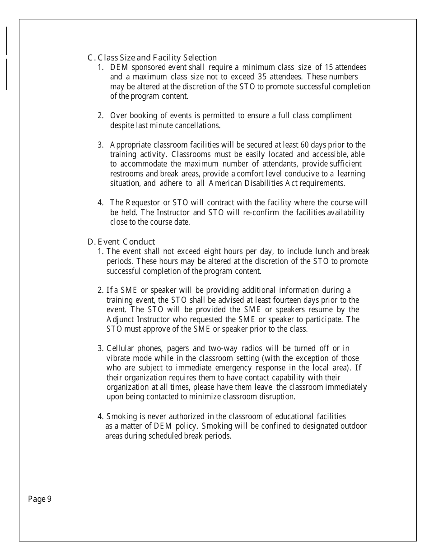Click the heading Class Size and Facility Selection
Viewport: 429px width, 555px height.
pyautogui.click(x=152, y=58)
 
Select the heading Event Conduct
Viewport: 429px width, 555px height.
pyautogui.click(x=121, y=242)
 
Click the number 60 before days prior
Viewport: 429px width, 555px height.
pyautogui.click(x=305, y=145)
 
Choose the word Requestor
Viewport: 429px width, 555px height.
pyautogui.click(x=143, y=202)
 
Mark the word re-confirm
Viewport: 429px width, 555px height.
pyautogui.click(x=261, y=212)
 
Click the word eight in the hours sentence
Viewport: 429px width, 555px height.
pyautogui.click(x=212, y=251)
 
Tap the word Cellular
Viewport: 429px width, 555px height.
pyautogui.click(x=121, y=348)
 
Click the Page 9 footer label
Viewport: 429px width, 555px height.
pyautogui.click(x=40, y=499)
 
